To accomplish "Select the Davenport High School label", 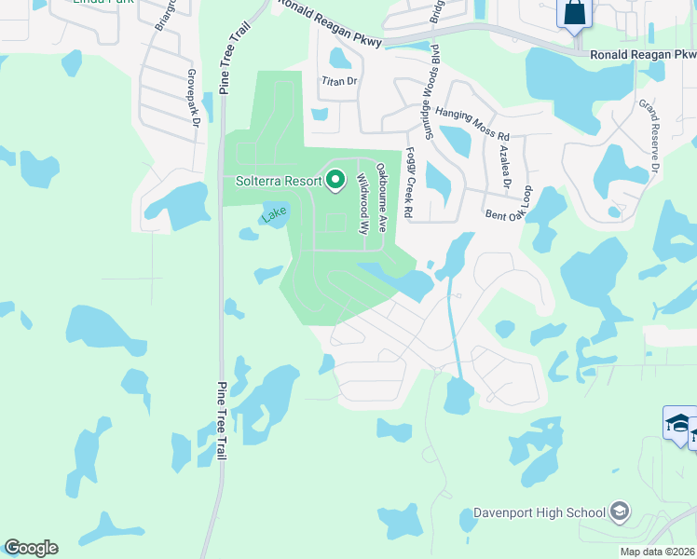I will point(539,511).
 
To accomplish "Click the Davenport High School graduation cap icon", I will point(620,511).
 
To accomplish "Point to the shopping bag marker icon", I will point(573,15).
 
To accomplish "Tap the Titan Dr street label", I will point(339,81).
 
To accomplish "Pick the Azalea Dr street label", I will point(504,166).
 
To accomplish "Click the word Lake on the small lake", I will point(273,214).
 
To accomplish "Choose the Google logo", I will point(31,548).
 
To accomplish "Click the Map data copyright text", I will point(658,552).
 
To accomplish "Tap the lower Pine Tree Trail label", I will point(221,420).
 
